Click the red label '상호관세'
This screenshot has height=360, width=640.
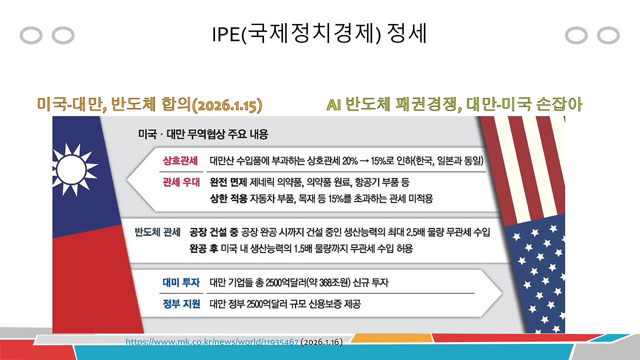click(180, 161)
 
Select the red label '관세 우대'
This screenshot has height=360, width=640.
click(180, 181)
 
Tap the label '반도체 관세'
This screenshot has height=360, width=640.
click(157, 232)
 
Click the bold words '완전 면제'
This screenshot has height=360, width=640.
click(226, 181)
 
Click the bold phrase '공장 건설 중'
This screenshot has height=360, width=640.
click(213, 232)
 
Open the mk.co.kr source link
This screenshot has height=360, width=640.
click(211, 342)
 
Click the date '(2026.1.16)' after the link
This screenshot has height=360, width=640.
click(321, 342)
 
